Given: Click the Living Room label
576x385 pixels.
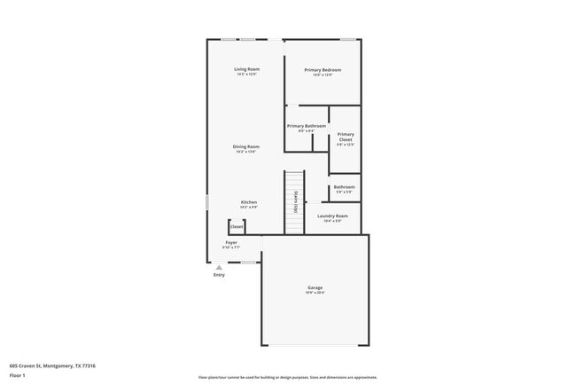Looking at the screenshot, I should click(x=246, y=69).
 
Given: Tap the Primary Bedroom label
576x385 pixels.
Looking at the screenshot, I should click(x=323, y=70).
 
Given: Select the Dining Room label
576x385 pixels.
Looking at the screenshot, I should click(x=246, y=146).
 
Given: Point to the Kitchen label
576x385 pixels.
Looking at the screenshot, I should click(x=249, y=202).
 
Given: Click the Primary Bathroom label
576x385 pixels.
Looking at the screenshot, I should click(x=307, y=126).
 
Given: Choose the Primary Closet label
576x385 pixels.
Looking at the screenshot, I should click(x=345, y=137).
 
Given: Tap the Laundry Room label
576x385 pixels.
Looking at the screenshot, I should click(x=332, y=216).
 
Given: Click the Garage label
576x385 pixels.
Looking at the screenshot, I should click(x=315, y=287).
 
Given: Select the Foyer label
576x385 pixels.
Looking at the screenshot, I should click(x=230, y=242).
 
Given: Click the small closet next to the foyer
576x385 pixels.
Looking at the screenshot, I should click(x=237, y=226).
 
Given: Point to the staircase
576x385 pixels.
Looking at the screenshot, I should click(x=293, y=202).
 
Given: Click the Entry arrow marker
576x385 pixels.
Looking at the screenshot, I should click(x=219, y=267).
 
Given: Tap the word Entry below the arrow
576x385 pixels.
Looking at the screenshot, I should click(x=219, y=275).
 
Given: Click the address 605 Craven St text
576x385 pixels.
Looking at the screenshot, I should click(x=52, y=365).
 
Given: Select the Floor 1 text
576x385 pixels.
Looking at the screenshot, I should click(x=19, y=375).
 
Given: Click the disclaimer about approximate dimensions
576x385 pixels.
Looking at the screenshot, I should click(x=287, y=377).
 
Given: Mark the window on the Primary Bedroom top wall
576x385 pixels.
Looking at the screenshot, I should click(x=348, y=39).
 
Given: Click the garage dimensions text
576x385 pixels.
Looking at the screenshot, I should click(x=315, y=293).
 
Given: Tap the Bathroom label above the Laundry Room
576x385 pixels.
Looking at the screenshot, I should click(x=345, y=187).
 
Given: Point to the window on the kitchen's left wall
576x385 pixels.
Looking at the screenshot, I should click(x=207, y=202).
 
